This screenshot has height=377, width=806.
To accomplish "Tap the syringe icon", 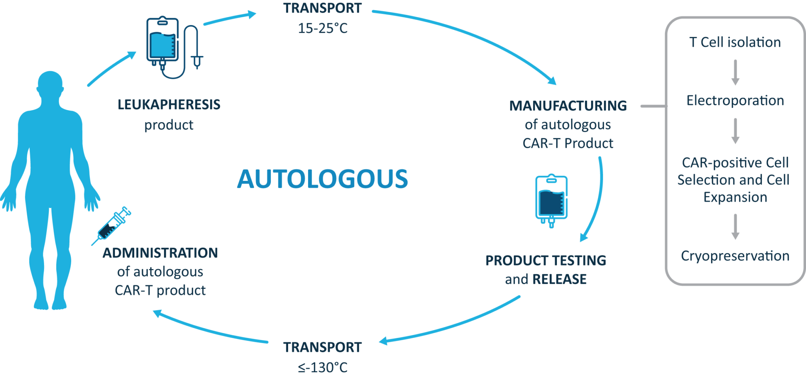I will (x=111, y=226).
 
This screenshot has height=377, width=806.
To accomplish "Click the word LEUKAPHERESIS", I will (x=169, y=105).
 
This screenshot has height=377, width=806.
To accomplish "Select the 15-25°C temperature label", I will (x=323, y=28).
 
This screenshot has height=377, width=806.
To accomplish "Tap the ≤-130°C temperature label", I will (x=323, y=367).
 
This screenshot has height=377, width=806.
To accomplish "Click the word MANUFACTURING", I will (x=568, y=106).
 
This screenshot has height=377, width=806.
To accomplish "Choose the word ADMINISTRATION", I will (x=160, y=253).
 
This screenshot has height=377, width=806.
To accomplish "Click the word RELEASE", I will (x=559, y=279).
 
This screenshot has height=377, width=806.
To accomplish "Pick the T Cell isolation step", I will (x=735, y=42).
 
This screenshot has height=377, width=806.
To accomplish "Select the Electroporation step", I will (x=735, y=100).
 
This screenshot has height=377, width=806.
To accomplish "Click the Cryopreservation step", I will (x=735, y=256).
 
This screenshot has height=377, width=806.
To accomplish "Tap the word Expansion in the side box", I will (x=735, y=197).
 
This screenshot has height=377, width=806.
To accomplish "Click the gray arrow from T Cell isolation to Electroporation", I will (x=735, y=72).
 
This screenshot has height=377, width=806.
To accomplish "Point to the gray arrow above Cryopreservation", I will (x=735, y=227).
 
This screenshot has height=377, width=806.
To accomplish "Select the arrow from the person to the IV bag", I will (x=112, y=69).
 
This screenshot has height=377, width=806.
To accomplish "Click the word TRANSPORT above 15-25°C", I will (x=323, y=8).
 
